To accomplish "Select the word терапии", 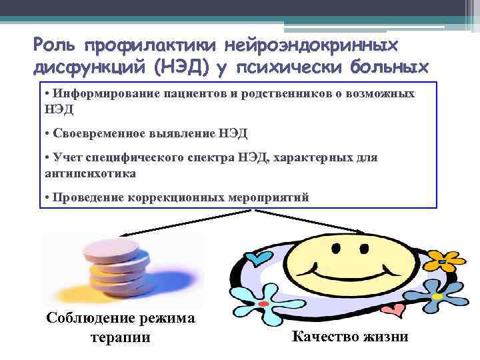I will point(120,337).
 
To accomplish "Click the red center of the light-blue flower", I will point(263,303).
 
